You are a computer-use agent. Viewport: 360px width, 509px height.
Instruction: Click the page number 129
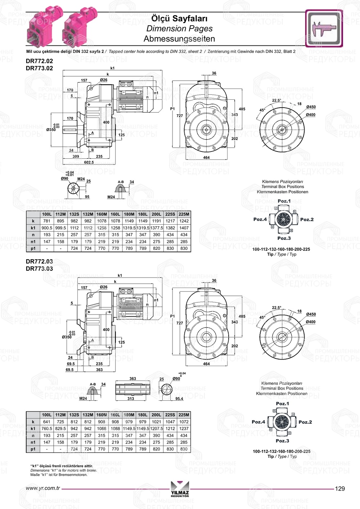(340, 488)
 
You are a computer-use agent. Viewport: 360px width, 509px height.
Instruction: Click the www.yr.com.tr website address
(43, 488)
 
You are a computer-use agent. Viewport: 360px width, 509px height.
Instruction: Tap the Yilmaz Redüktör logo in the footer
(180, 489)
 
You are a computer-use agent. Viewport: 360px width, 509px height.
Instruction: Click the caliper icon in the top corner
(324, 28)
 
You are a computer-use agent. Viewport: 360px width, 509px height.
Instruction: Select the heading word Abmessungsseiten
(179, 39)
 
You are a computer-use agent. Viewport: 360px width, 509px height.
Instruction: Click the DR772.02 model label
(39, 61)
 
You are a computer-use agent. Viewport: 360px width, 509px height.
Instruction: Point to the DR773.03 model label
(39, 269)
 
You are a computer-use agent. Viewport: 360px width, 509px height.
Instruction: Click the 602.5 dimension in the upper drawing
(89, 162)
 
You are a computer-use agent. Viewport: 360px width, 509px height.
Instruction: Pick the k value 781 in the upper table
(47, 221)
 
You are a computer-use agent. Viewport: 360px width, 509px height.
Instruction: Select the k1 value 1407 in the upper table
(184, 228)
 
